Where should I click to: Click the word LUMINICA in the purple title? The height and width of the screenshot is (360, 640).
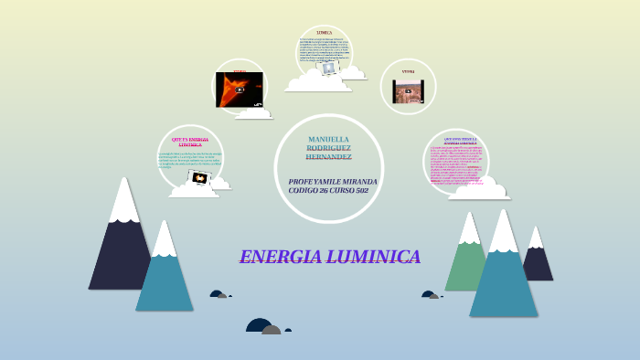click(377, 257)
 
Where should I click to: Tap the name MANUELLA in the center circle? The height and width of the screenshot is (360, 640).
click(328, 139)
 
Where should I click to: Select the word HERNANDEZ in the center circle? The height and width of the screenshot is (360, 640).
click(328, 157)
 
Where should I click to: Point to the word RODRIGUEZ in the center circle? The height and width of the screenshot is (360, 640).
click(328, 148)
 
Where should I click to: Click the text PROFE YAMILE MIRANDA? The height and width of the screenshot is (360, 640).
click(332, 181)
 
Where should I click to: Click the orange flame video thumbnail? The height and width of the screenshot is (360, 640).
click(240, 90)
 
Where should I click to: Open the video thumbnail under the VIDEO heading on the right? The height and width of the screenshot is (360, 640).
click(408, 91)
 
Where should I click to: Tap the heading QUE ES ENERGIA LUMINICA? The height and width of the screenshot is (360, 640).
click(190, 142)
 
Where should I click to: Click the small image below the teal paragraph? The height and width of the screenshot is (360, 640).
click(200, 177)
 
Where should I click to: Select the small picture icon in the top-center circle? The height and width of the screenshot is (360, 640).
click(328, 68)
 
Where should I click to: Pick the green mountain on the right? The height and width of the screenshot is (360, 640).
click(466, 265)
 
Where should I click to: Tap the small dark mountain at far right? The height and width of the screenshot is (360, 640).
click(537, 260)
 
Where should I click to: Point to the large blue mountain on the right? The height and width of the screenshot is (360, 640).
click(503, 279)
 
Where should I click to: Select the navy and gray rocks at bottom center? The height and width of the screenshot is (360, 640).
click(264, 326)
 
